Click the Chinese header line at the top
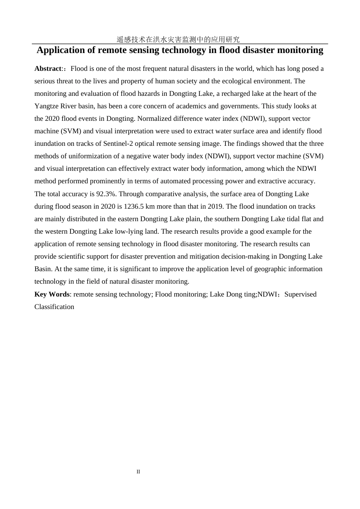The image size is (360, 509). point(178,39)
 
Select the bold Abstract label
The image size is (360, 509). point(48,69)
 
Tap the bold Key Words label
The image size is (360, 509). point(52,294)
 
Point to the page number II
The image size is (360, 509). point(138,472)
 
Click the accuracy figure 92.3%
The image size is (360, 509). point(106,194)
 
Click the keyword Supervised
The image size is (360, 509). point(300,294)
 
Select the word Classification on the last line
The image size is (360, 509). point(54,307)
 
